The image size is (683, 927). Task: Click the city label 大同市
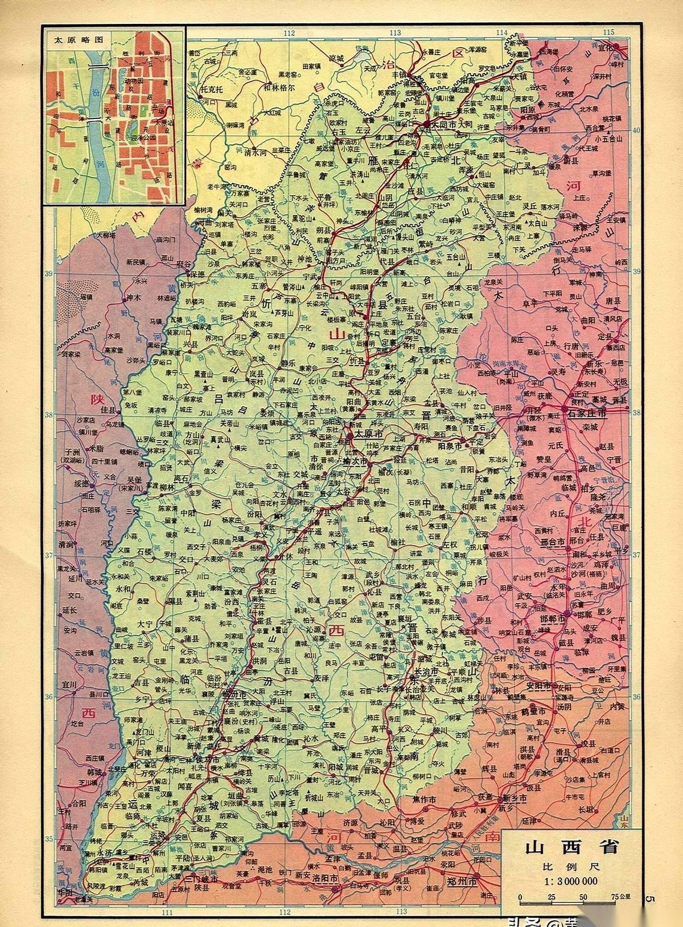(x=445, y=123)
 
